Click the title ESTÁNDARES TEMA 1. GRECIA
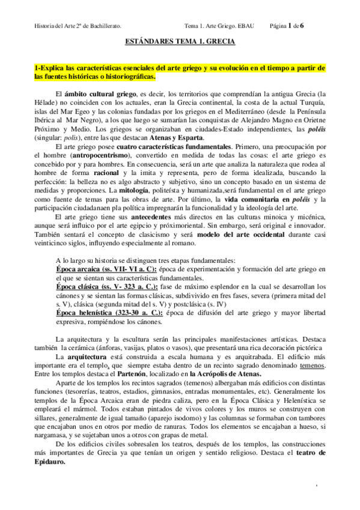tap(180, 43)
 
